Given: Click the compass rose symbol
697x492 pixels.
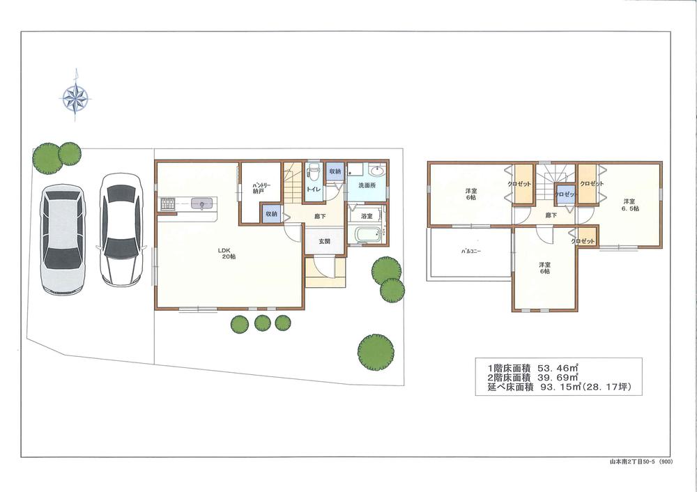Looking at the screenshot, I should click(x=77, y=98).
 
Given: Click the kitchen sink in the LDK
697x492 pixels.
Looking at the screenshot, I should click(x=202, y=204).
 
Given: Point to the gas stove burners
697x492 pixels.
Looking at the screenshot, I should click(x=167, y=204).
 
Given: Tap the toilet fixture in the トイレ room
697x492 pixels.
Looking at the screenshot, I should click(x=314, y=173).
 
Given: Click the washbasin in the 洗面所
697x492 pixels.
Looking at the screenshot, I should click(x=377, y=172).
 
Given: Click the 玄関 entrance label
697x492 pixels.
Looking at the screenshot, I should click(x=325, y=242).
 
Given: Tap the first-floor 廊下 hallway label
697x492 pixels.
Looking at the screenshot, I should click(x=319, y=217).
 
